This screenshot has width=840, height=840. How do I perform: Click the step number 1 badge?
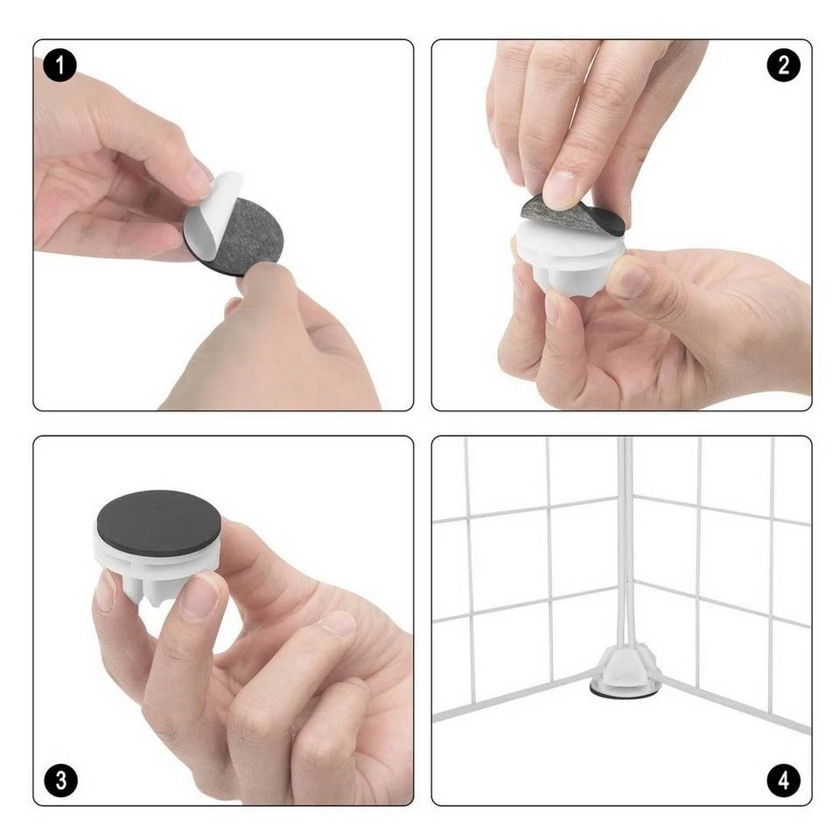coord(60,66)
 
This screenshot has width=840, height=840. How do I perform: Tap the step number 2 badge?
coord(783,66)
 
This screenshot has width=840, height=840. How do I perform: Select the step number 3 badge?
coord(60,780)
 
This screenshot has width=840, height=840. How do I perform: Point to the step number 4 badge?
coord(784,780)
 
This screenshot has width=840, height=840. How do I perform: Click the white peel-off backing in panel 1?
coord(210,214)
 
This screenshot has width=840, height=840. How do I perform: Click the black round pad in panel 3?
coord(158,522)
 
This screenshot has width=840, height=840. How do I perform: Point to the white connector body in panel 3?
coord(157,568)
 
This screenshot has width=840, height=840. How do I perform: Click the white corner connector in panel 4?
coord(625,665)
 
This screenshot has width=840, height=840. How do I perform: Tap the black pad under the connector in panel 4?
coord(625,691)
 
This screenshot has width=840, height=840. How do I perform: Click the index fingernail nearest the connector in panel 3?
coord(199,596)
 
